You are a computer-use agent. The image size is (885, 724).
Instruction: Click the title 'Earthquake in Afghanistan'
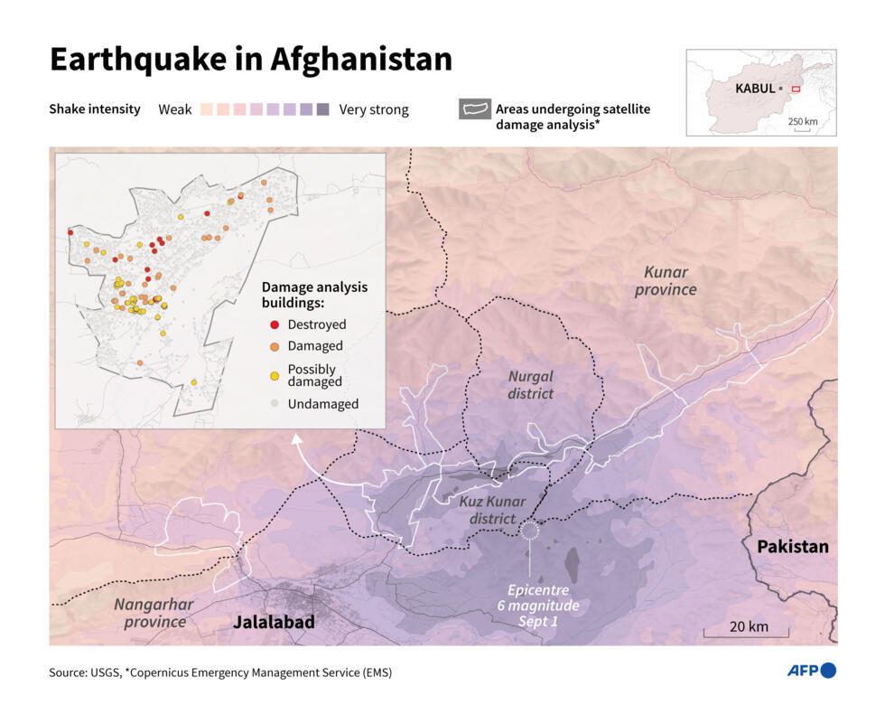click(x=250, y=60)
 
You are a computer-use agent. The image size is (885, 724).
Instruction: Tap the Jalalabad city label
click(x=274, y=623)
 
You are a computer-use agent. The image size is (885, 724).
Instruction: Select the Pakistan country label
click(x=792, y=547)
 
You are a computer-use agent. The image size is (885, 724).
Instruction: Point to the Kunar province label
click(x=666, y=280)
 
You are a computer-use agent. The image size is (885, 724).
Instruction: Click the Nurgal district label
click(x=530, y=384)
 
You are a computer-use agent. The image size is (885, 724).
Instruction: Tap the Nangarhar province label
click(x=150, y=613)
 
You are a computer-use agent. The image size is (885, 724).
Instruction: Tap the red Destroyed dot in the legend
click(x=274, y=324)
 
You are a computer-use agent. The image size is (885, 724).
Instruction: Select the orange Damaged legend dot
click(x=274, y=346)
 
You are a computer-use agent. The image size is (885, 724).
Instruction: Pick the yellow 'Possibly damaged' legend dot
click(x=274, y=375)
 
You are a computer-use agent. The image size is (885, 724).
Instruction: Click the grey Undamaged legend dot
click(x=274, y=404)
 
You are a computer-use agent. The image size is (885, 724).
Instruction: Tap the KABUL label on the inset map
click(x=754, y=89)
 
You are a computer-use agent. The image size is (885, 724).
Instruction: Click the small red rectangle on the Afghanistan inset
click(x=796, y=89)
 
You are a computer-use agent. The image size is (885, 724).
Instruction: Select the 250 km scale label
click(x=802, y=121)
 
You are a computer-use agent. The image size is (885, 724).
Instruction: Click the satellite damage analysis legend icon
click(x=474, y=110)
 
